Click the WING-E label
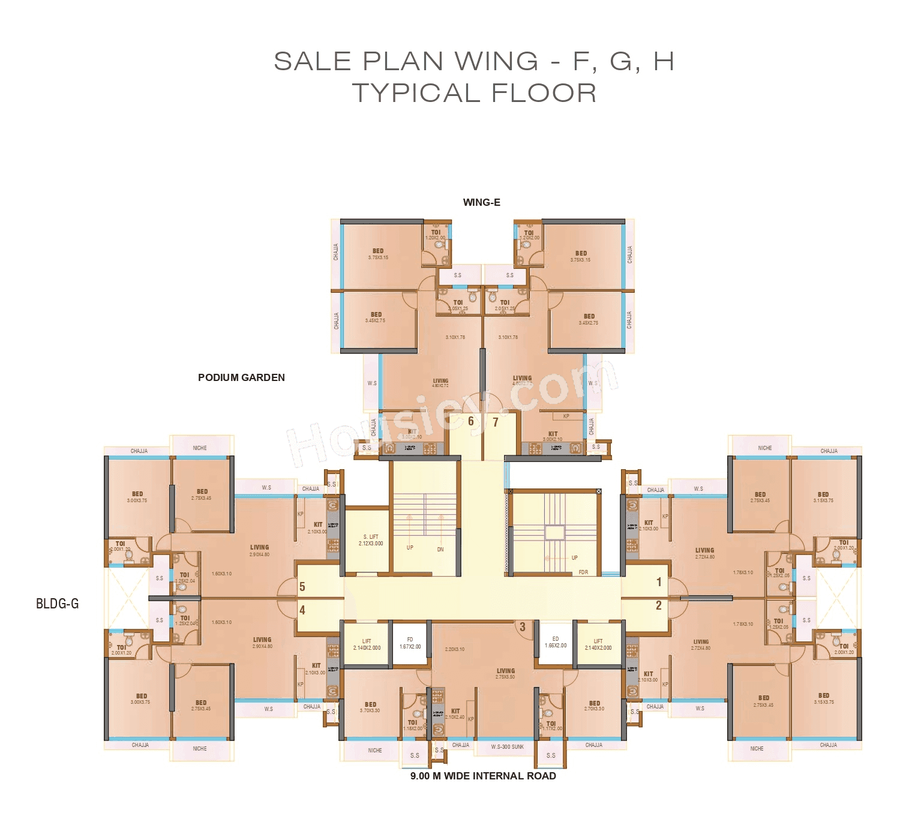coord(481,202)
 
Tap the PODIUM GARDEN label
coord(241,377)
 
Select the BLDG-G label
coord(58,604)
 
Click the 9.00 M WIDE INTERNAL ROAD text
coord(483,776)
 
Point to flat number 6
coord(471,421)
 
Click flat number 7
coord(496,422)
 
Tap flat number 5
coord(302,587)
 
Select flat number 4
coord(302,610)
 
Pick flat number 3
coord(523,627)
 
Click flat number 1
coord(659,582)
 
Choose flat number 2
coord(659,605)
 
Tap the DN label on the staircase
coord(440,549)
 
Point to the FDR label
coord(583,572)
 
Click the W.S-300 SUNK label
coord(507,747)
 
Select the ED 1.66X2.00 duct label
coord(556,642)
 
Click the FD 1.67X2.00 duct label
coord(410,643)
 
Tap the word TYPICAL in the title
coord(416,93)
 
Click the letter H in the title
coord(663,61)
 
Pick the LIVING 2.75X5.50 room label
coord(506,674)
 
